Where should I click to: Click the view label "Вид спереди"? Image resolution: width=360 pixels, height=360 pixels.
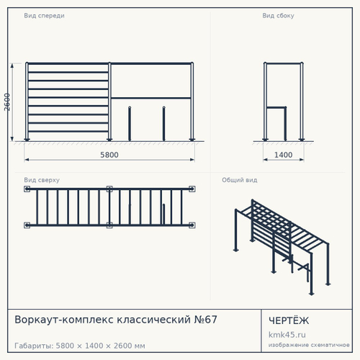point(44,16)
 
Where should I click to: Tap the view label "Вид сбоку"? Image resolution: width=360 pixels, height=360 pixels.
point(278,16)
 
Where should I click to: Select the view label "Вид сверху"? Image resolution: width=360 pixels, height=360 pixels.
point(42,180)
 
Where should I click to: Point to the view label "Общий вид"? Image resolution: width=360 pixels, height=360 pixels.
point(240,180)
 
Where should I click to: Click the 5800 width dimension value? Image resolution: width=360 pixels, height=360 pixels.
point(109,155)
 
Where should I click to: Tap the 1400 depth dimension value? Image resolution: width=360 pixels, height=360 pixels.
point(284,155)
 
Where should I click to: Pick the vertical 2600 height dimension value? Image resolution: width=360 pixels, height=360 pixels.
point(7,102)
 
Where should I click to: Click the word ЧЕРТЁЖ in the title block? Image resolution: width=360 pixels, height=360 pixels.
point(289,320)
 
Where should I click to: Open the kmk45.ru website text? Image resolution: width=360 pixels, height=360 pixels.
point(287,335)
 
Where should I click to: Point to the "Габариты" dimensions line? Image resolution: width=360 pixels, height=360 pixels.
point(80,346)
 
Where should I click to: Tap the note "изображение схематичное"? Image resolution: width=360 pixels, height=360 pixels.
point(309,345)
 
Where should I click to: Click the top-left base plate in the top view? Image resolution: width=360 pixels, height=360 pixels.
point(27,189)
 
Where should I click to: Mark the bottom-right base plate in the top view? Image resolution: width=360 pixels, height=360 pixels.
point(192,225)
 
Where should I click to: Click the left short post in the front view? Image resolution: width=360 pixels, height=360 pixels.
point(130,124)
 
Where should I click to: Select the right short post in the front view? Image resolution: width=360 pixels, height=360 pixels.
point(164,124)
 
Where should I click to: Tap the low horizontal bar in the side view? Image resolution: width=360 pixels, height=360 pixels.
point(276,107)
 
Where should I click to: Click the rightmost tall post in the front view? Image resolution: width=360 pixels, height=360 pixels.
point(192,102)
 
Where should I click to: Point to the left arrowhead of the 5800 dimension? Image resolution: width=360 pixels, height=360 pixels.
point(27,160)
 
